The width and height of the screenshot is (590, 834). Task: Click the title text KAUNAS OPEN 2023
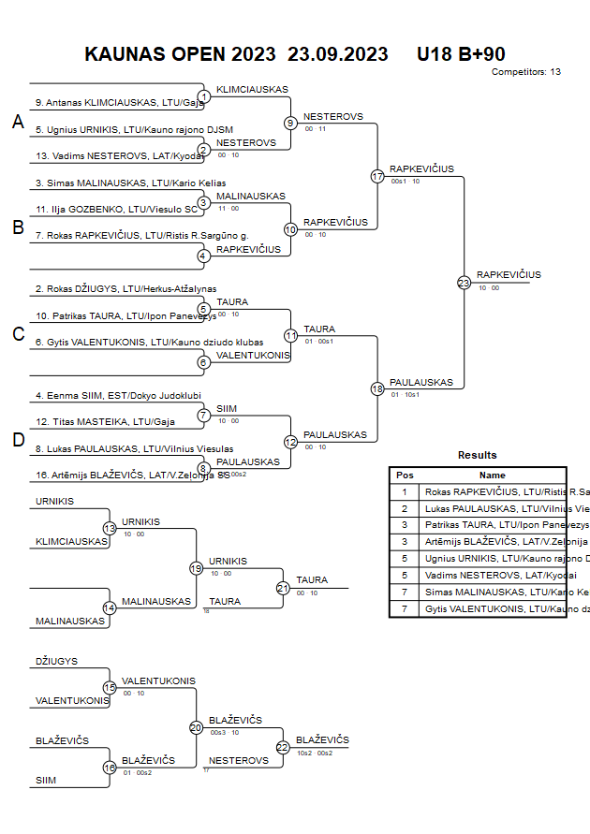[x=180, y=54]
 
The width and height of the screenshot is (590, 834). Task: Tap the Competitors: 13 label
[x=526, y=72]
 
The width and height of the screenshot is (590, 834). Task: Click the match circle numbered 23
[x=464, y=282]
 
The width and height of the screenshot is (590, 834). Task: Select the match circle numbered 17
[x=377, y=176]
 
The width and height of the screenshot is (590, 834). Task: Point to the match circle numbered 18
[x=377, y=388]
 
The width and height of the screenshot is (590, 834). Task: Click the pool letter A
[x=18, y=123]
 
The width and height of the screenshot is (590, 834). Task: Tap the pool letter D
[x=18, y=441]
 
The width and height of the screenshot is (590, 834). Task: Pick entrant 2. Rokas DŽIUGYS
[x=125, y=290]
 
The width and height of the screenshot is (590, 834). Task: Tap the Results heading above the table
[x=478, y=455]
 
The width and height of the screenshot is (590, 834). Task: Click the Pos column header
[x=405, y=476]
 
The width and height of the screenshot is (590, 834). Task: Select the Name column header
[x=493, y=476]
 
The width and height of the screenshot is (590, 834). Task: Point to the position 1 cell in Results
[x=405, y=491]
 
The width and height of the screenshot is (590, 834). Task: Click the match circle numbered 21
[x=283, y=588]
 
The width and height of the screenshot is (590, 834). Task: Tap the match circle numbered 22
[x=283, y=747]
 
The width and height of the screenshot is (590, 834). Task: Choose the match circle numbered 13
[x=110, y=529]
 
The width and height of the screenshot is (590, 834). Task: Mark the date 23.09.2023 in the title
[x=338, y=54]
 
